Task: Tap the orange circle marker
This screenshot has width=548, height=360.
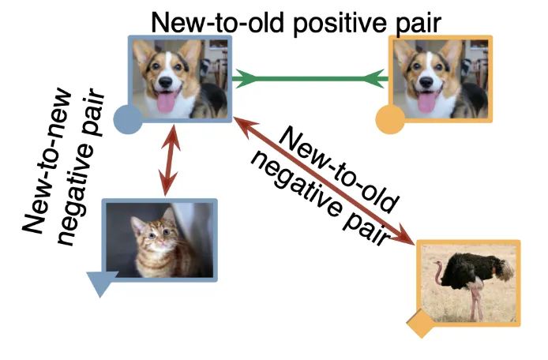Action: click(x=389, y=120)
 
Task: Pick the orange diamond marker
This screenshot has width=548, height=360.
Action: click(x=422, y=323)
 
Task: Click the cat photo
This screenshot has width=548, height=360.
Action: click(x=160, y=239)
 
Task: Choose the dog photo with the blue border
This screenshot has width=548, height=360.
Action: click(x=181, y=77)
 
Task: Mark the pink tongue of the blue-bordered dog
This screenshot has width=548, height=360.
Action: click(x=167, y=102)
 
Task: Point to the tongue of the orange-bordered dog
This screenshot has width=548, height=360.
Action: click(x=428, y=102)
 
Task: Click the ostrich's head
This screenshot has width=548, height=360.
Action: click(x=437, y=265)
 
